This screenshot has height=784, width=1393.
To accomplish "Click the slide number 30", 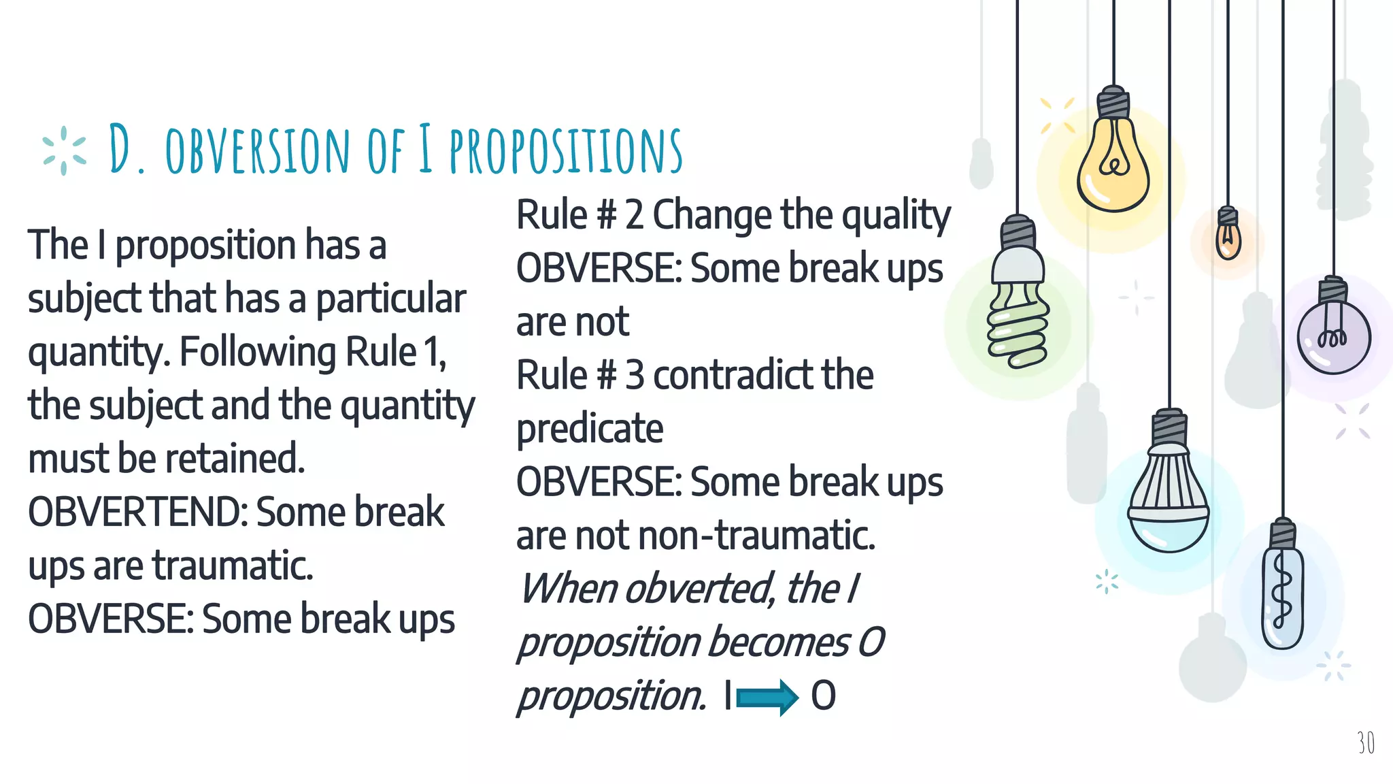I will pos(1365,742).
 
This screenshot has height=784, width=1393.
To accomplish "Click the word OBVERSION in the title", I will pos(257,150).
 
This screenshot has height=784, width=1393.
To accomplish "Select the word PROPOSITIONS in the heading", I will pos(565,150).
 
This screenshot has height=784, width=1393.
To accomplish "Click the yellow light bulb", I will pos(1113,163).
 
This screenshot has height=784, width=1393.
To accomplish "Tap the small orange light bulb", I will pos(1228,238).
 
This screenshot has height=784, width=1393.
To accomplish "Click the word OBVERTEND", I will pos(136,512).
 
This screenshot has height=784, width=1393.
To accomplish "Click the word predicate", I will pos(590,429).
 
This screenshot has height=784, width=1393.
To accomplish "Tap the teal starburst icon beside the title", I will pos(64,150).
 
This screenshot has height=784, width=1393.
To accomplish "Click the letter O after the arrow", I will pos(823,696).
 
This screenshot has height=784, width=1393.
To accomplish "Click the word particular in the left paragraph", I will pos(391,299).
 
